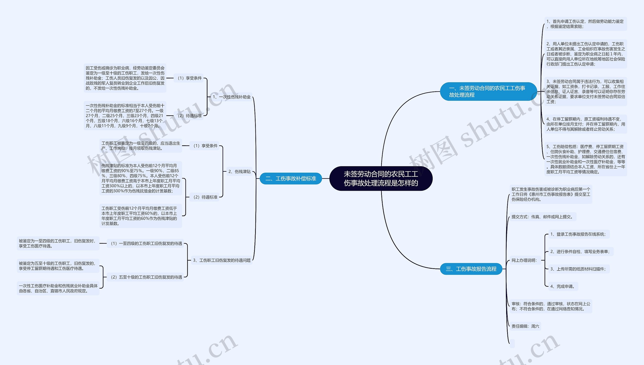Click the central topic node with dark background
click(381, 178)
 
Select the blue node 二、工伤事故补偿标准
click(291, 178)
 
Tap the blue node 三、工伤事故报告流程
click(471, 269)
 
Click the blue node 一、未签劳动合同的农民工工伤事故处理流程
click(488, 92)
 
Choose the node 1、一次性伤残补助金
click(231, 97)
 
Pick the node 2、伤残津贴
click(239, 171)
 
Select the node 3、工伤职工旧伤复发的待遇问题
click(222, 260)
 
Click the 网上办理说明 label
click(524, 260)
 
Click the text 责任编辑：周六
click(525, 326)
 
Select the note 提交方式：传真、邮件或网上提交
click(543, 217)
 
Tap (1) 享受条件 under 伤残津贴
click(205, 146)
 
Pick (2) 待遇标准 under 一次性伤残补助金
click(189, 116)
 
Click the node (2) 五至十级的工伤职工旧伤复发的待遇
click(146, 277)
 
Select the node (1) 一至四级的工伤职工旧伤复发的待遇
click(146, 243)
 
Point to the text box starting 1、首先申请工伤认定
click(586, 24)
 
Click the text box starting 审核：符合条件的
click(551, 306)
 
